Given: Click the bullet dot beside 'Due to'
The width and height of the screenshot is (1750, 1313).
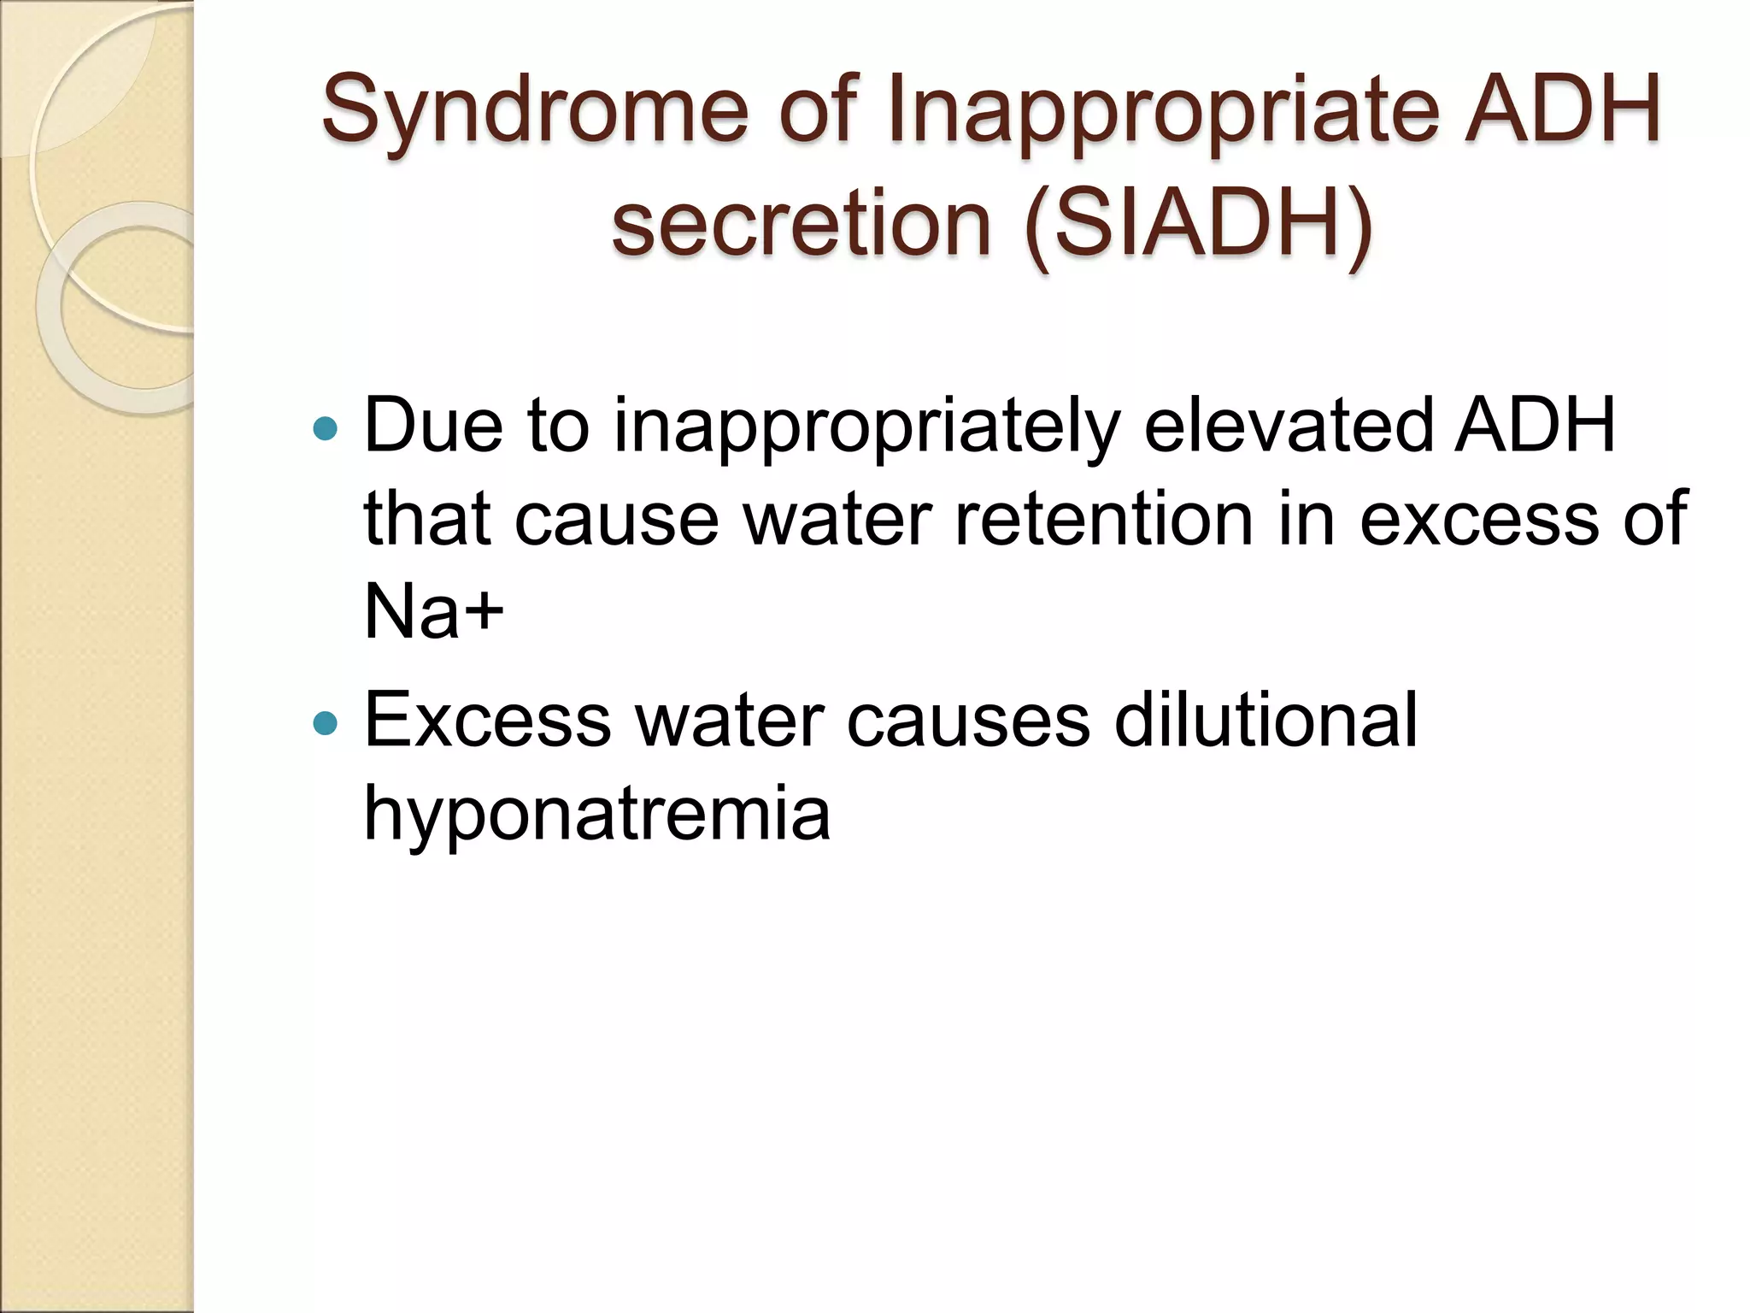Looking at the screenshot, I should [x=326, y=428].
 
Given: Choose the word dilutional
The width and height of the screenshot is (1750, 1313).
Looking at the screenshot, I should [x=1266, y=720].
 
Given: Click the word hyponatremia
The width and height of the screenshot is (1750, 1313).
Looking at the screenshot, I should [x=597, y=813].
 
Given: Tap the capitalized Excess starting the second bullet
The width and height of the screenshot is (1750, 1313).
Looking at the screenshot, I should [x=488, y=720].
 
